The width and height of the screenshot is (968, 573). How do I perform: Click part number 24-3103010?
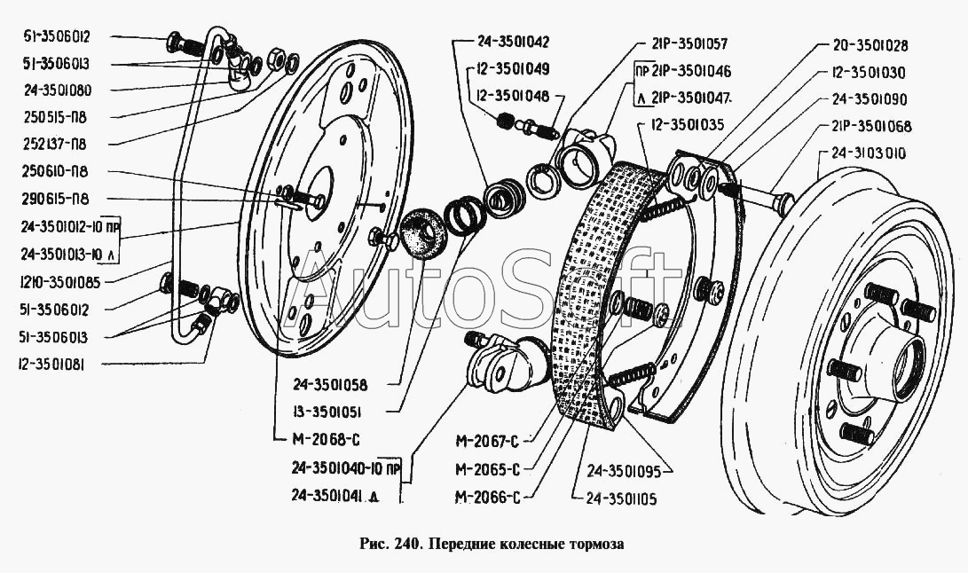869,153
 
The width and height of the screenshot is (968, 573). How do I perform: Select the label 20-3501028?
870,45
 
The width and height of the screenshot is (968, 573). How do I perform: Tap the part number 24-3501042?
500,41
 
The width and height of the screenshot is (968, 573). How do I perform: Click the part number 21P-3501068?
872,127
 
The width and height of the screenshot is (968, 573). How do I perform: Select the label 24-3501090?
870,99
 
